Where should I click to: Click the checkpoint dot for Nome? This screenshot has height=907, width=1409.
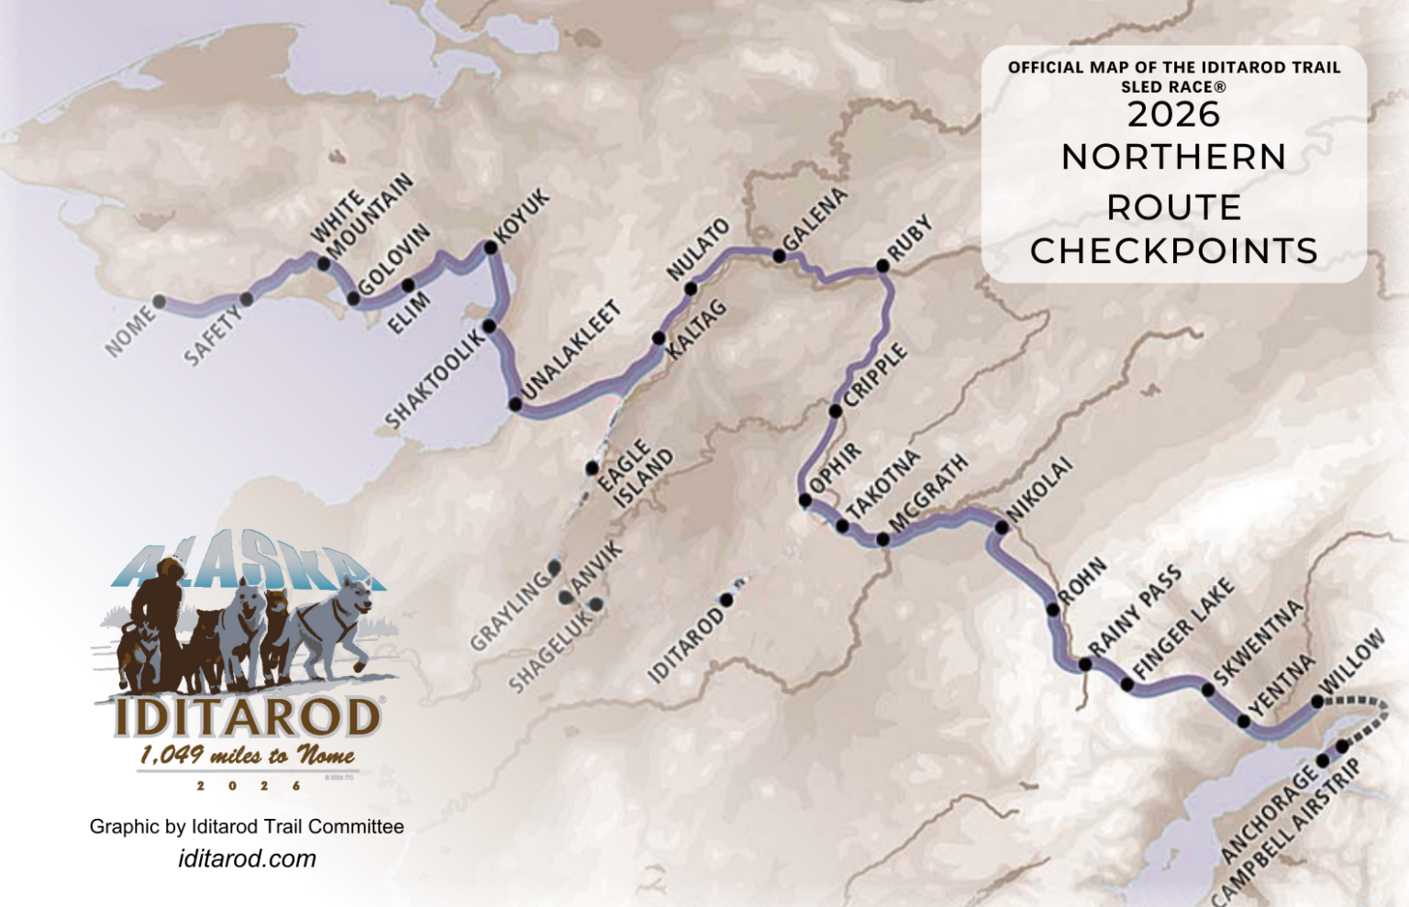[160, 301]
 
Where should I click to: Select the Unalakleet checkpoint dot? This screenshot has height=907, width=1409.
[516, 404]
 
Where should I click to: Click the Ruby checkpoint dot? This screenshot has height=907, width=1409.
[882, 266]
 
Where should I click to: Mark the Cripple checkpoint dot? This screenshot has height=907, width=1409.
[835, 411]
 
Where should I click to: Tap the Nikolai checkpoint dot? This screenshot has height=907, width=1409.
[1002, 527]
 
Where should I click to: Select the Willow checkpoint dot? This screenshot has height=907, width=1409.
[1317, 702]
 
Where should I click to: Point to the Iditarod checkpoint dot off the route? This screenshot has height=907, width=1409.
[727, 600]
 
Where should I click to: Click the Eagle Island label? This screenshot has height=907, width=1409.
[635, 474]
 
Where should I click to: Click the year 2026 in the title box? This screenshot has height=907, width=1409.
[1173, 115]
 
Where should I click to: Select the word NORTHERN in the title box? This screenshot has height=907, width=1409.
[1173, 157]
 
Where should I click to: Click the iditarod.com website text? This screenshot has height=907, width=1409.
[247, 858]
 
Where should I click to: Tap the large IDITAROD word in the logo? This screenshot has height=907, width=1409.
[247, 717]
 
